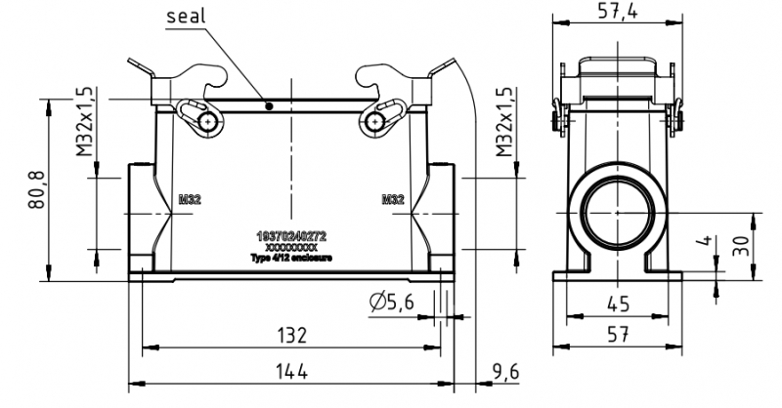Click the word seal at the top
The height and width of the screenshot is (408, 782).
[187, 17]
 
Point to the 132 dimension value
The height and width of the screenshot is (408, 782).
[290, 335]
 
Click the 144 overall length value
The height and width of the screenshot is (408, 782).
[290, 373]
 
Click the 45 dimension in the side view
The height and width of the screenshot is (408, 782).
[617, 304]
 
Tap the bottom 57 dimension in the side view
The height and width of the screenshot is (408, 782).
[617, 335]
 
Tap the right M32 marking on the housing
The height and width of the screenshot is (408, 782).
[393, 199]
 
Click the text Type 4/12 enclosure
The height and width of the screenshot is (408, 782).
[291, 259]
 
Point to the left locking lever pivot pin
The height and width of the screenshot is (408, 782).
[209, 120]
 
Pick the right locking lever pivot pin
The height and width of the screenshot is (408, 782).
[373, 120]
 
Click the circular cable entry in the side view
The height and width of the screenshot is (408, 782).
[617, 212]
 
